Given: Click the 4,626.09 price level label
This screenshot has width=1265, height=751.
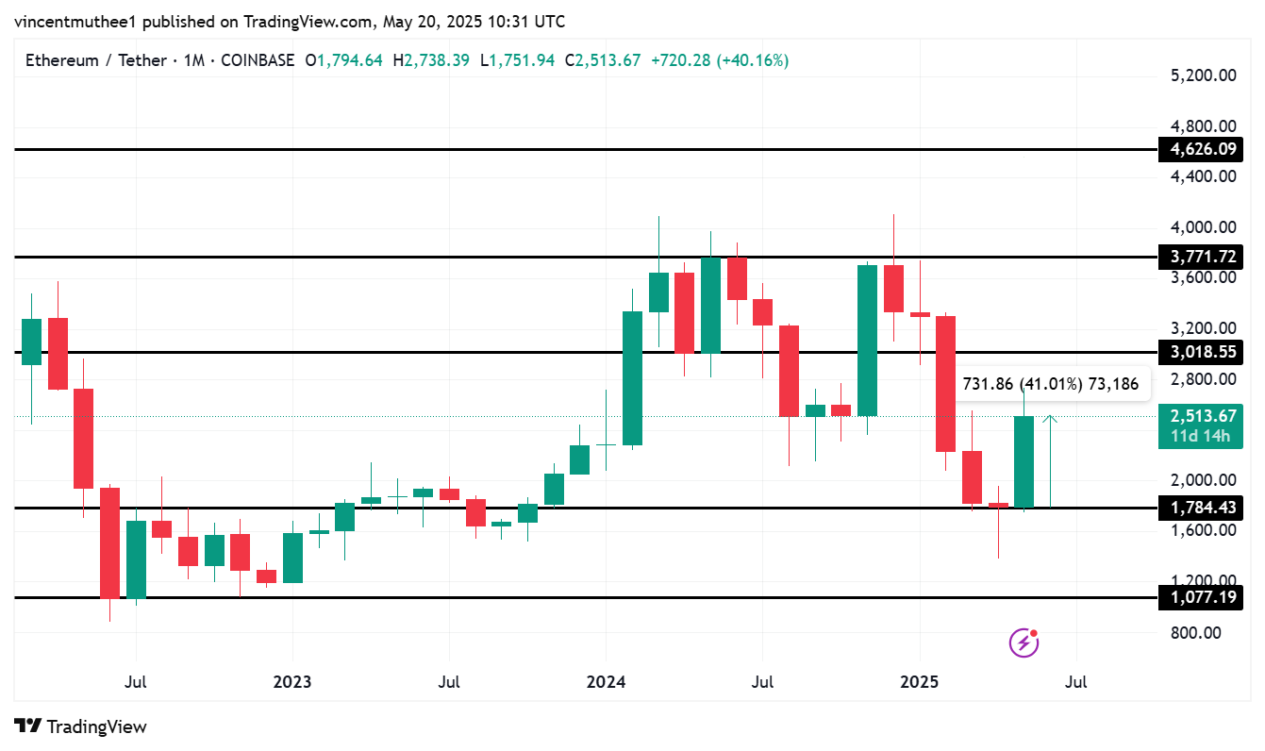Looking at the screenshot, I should tap(1202, 149).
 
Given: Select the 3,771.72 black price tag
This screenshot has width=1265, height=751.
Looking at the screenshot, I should tap(1202, 257).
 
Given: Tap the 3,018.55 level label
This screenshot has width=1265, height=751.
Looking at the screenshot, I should tap(1202, 352).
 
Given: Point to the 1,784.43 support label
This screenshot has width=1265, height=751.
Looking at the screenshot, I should tap(1202, 508).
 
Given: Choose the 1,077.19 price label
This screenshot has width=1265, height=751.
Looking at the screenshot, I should tap(1202, 597).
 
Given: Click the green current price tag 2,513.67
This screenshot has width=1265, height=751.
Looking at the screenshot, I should tap(1202, 416).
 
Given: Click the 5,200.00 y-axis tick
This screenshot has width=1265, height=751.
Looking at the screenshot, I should tap(1203, 75).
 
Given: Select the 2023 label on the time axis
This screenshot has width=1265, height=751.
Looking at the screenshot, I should tap(292, 681).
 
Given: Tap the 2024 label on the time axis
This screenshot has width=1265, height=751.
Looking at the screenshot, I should tap(606, 681).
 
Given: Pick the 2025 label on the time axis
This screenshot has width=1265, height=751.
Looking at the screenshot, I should tap(920, 681).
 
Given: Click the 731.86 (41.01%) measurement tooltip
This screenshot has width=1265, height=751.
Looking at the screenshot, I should tap(1050, 384).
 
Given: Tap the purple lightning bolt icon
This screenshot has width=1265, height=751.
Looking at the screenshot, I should tap(1024, 643).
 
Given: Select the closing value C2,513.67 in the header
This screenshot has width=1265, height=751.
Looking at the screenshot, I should tap(603, 60).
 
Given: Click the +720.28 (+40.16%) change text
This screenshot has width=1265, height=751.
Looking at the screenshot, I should tap(720, 60).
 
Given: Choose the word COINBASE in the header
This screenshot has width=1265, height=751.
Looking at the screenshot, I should tap(257, 60).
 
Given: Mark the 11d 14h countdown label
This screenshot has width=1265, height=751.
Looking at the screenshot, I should tap(1202, 435).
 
